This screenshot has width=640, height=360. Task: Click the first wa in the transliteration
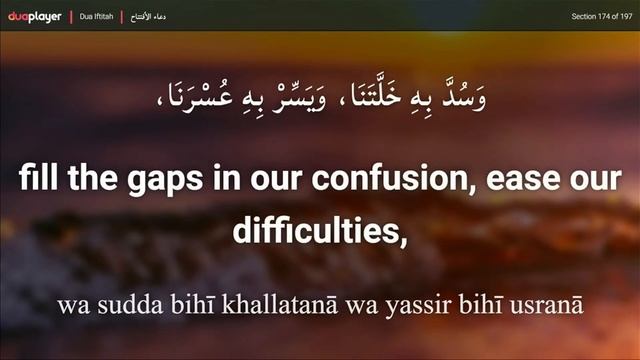point(71,300)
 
